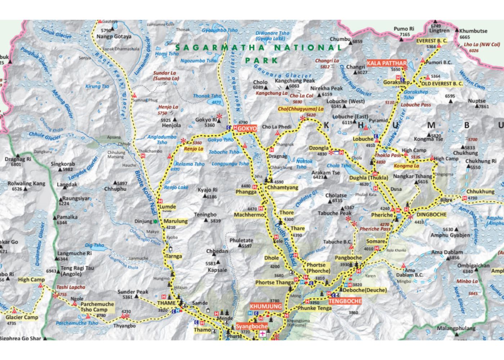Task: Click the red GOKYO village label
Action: point(247,128)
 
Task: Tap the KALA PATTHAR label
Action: point(386,63)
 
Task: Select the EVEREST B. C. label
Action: point(432,41)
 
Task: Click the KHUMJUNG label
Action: point(266,307)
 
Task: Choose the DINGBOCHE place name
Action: point(431,215)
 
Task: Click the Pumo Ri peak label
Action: point(404,29)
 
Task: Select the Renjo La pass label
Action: point(194,149)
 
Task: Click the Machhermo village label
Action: point(249,215)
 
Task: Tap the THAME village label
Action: point(166,303)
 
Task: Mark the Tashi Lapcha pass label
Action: point(71,287)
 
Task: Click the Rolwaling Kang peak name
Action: point(27,184)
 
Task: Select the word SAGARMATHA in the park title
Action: point(220,47)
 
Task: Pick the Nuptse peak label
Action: point(477,101)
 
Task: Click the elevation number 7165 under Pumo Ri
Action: point(405,35)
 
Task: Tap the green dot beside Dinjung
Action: point(155,221)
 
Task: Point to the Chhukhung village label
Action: point(480,192)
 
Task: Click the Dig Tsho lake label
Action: point(94,245)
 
